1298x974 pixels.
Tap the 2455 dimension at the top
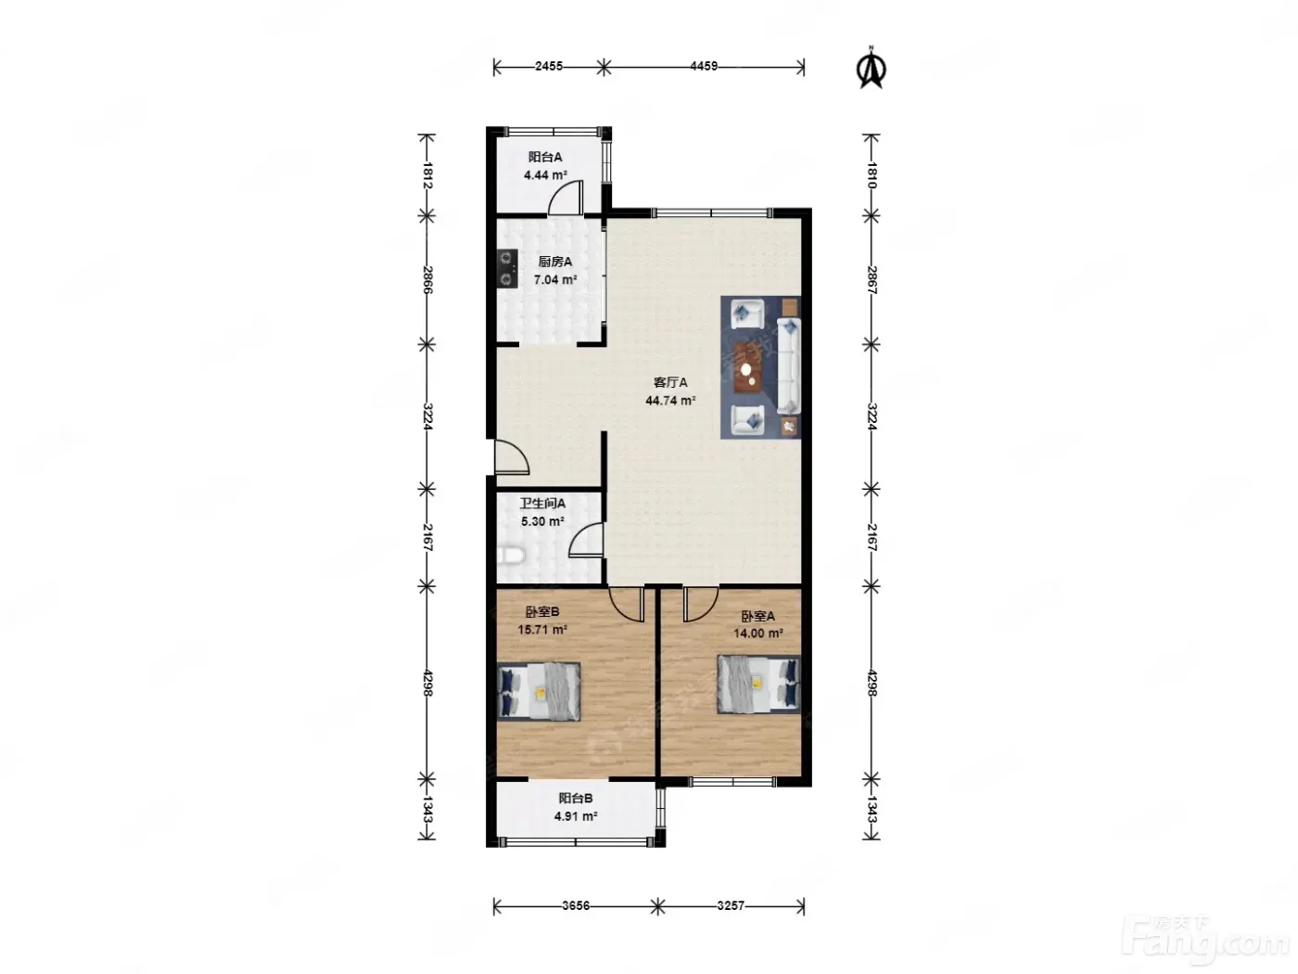(x=549, y=66)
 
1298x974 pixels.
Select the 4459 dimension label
(x=704, y=66)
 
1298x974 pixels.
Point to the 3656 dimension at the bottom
(x=576, y=905)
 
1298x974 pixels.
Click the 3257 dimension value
(x=731, y=905)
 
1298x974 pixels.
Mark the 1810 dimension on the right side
(x=871, y=175)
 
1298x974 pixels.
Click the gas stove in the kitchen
(x=507, y=268)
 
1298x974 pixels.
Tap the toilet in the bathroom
(x=511, y=556)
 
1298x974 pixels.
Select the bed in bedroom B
(x=539, y=691)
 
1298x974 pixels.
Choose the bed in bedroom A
(x=758, y=685)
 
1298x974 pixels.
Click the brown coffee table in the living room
(x=748, y=367)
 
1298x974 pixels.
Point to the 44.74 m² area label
(x=670, y=401)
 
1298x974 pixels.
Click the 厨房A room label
(x=554, y=262)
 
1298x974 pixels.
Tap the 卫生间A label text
(x=542, y=504)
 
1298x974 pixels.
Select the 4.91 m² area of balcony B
(x=576, y=816)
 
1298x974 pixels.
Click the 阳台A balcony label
(x=544, y=158)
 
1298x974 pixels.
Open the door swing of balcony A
(x=566, y=199)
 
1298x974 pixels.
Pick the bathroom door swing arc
(x=586, y=540)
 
